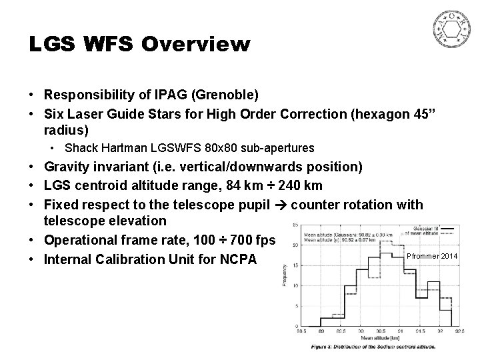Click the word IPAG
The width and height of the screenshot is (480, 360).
tap(151, 93)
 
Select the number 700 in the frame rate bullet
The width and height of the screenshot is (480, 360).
tap(234, 239)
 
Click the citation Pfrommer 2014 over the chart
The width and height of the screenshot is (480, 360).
tap(433, 257)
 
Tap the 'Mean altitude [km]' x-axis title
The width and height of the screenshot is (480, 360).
tap(377, 337)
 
